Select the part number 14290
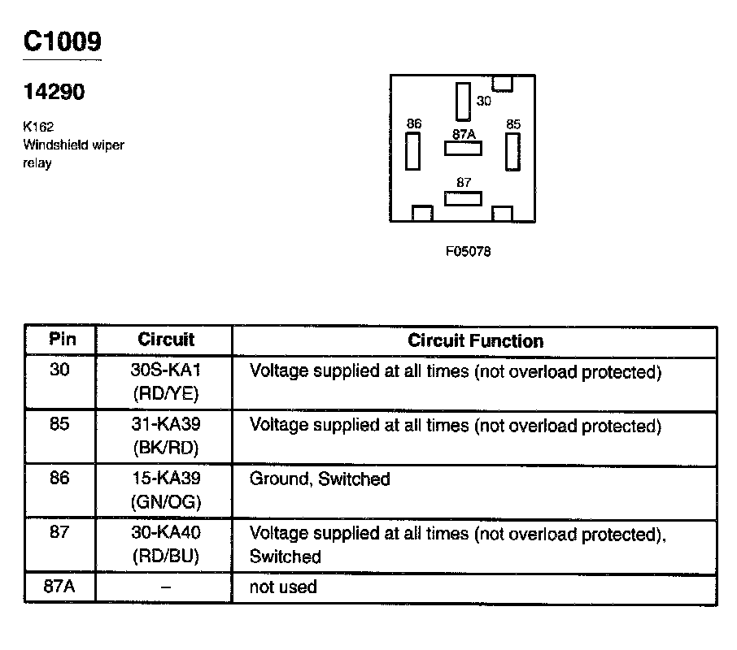point(54,93)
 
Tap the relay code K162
point(38,128)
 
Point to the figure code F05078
point(468,251)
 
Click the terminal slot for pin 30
point(463,102)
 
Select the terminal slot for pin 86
point(414,151)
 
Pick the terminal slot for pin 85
point(512,151)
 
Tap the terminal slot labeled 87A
point(463,149)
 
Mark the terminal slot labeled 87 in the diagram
point(463,198)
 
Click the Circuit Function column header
point(475,340)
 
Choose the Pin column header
point(62,339)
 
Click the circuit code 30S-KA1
point(165,371)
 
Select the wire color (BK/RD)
point(165,448)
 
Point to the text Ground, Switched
point(320,479)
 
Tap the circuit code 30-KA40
point(165,533)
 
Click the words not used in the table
point(283,587)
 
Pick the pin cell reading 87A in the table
point(59,587)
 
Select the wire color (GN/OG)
point(165,502)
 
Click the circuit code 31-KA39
point(165,425)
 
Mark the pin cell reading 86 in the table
point(59,479)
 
